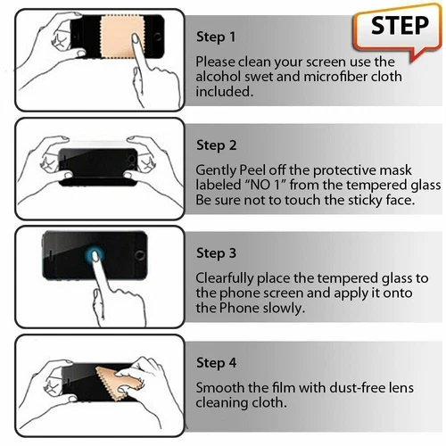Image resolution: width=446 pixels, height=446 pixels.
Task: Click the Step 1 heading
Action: click(216, 37)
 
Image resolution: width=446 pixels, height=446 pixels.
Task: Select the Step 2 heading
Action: click(216, 145)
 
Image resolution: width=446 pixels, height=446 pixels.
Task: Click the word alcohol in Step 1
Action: click(218, 76)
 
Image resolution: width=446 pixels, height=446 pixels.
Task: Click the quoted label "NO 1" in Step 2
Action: click(277, 185)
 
